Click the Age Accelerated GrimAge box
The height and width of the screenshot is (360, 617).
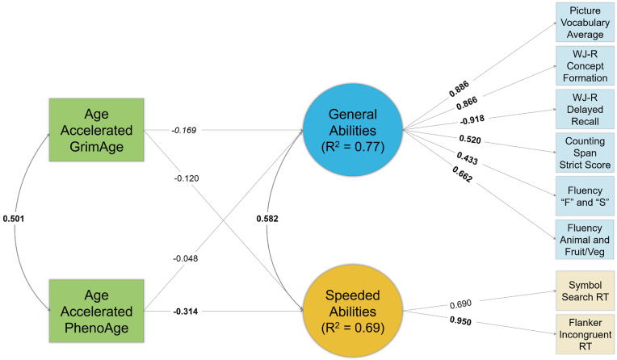tap(97, 130)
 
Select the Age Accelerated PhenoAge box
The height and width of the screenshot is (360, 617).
tap(97, 311)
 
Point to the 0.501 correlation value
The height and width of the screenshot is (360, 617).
tap(14, 219)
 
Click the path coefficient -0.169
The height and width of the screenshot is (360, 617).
tap(183, 129)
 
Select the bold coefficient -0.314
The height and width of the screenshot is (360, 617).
tap(185, 311)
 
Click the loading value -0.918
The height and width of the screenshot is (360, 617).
tap(472, 120)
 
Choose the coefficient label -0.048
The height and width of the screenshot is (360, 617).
tap(185, 258)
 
